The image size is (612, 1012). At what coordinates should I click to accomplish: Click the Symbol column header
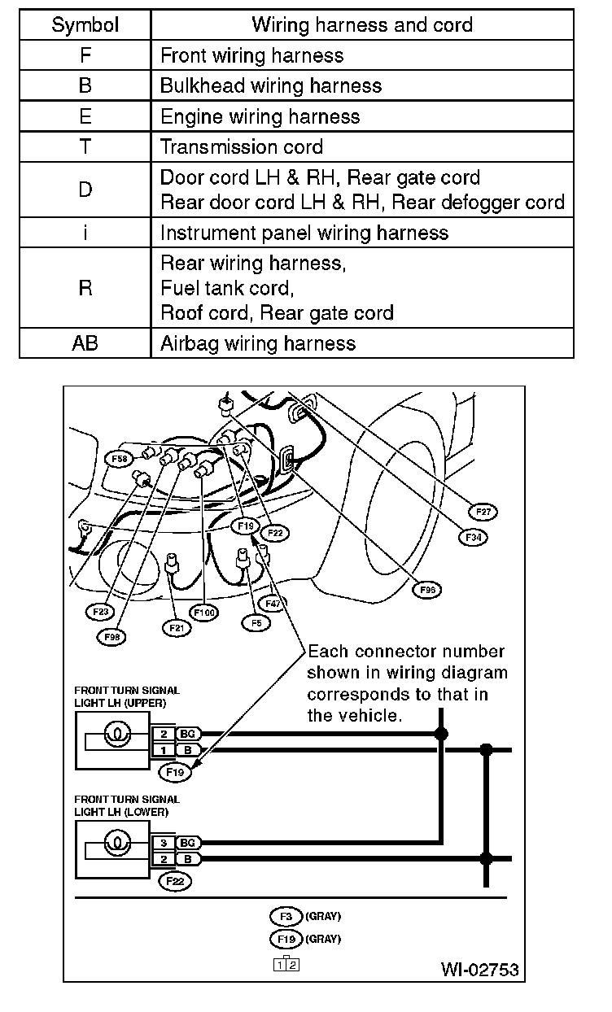point(85,25)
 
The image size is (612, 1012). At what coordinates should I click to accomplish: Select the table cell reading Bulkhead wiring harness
point(271,85)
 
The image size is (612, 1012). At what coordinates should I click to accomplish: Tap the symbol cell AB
point(85,343)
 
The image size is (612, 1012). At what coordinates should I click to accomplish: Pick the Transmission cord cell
point(242,147)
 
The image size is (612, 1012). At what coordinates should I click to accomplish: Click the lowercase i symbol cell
point(85,233)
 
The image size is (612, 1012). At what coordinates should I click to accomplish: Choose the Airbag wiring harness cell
point(258,343)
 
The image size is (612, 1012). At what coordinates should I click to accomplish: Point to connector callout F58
point(119,459)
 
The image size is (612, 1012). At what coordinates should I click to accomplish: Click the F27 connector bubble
point(483,512)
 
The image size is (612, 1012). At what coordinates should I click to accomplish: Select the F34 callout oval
point(472,537)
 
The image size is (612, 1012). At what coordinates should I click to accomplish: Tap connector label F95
point(426,590)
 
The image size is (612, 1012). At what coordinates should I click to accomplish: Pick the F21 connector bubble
point(176,627)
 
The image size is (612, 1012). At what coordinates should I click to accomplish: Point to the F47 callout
point(273,604)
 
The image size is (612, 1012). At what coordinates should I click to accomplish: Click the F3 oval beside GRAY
point(285,916)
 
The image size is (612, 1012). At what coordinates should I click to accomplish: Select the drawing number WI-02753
point(479,970)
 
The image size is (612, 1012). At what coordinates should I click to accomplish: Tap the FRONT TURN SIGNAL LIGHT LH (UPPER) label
point(127,696)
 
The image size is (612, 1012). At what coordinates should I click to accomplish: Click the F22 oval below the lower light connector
point(173,881)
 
